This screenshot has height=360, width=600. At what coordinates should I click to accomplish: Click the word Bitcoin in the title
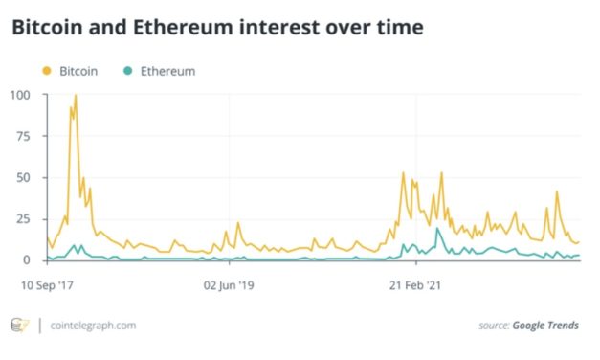click(47, 29)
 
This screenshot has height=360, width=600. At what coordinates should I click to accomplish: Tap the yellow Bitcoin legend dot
click(46, 71)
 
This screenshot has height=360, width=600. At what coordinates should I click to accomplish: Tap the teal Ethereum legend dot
click(128, 71)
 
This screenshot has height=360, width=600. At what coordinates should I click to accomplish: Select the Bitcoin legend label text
click(78, 71)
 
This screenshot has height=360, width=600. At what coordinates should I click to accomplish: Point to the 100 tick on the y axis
click(21, 95)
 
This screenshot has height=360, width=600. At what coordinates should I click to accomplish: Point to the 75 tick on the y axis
click(24, 136)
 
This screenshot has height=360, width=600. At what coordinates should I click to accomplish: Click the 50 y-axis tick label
click(24, 177)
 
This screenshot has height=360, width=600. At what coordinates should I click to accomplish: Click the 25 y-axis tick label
click(24, 218)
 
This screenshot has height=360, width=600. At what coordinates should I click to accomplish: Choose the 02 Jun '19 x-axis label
click(230, 284)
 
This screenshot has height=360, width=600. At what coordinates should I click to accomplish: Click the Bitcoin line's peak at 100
click(75, 96)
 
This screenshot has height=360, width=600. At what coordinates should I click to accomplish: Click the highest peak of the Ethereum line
click(437, 229)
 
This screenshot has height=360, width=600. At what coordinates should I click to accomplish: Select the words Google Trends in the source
click(546, 326)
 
